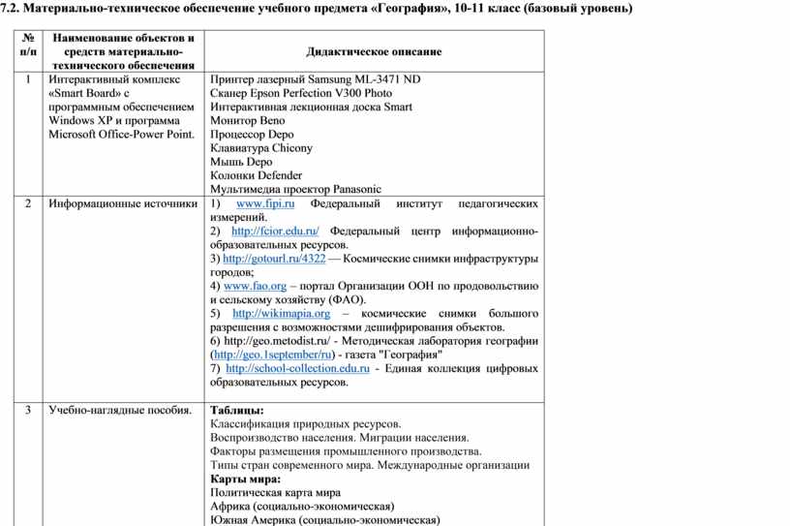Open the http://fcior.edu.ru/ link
coord(276,232)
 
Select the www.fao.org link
coord(255,287)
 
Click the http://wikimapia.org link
coord(282,314)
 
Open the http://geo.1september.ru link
coord(263,355)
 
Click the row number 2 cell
coord(29,204)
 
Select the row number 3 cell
coord(29,411)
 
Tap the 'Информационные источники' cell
coord(124,204)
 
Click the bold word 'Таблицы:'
coord(236,411)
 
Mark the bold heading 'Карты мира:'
coord(245,479)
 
